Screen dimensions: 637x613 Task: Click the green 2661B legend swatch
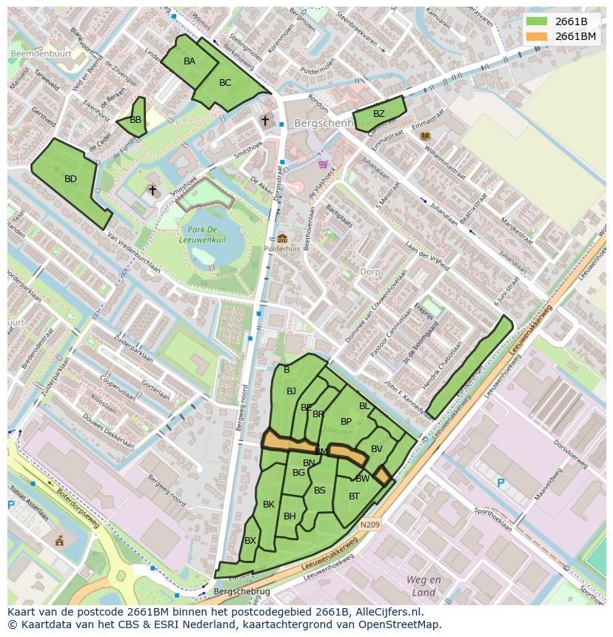(537, 21)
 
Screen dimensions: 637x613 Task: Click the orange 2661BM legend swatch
(537, 36)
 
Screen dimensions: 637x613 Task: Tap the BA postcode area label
(190, 61)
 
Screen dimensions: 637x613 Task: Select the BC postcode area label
(225, 83)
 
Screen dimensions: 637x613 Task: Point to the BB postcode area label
(135, 120)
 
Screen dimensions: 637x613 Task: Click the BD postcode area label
(70, 179)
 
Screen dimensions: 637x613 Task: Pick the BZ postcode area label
(378, 114)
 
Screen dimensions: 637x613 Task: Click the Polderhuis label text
(282, 249)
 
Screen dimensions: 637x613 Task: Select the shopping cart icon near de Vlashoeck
(322, 164)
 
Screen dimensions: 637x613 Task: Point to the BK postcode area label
(269, 505)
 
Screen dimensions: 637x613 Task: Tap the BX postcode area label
(250, 541)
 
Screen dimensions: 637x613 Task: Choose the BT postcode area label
(354, 496)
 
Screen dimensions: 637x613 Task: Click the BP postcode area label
(346, 422)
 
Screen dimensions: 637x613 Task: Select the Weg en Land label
(423, 586)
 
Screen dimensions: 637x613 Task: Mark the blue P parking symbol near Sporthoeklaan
(500, 483)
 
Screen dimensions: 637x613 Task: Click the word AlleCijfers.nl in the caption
(387, 612)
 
